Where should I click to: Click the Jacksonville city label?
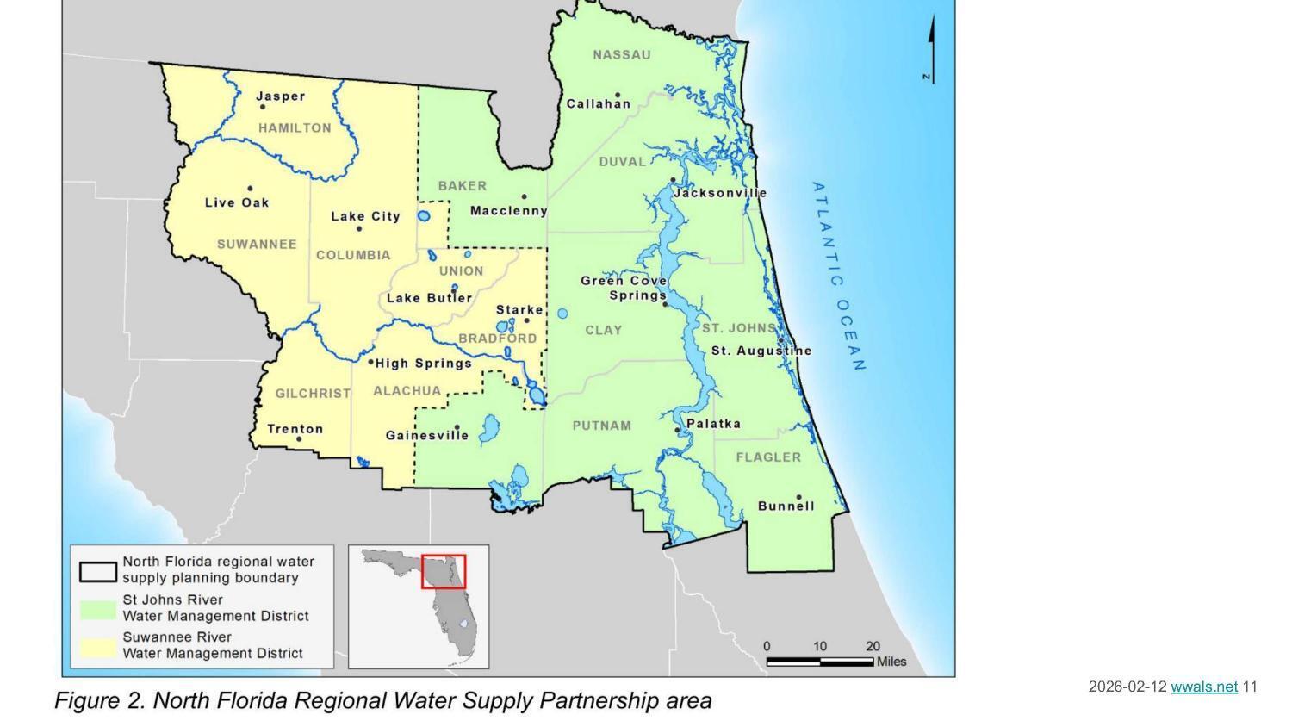click(x=720, y=193)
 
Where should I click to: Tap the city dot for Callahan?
click(x=618, y=95)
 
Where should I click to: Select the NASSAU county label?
click(x=622, y=55)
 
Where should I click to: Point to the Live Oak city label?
click(x=237, y=203)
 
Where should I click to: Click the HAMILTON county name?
click(x=295, y=128)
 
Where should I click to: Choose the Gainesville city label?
click(x=427, y=436)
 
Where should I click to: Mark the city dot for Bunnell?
click(x=798, y=497)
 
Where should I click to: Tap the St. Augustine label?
click(x=761, y=351)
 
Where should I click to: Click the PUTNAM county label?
click(x=602, y=426)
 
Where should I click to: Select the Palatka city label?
click(x=713, y=424)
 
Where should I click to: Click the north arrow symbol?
click(x=931, y=50)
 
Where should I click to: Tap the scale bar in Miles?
click(x=819, y=662)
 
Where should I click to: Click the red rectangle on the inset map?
click(x=444, y=571)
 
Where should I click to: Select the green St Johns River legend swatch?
click(x=98, y=609)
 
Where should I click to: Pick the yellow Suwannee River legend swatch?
click(x=98, y=646)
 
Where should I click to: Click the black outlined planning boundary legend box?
click(x=98, y=571)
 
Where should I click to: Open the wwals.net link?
click(x=1203, y=687)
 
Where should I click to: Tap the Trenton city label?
click(x=295, y=429)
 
